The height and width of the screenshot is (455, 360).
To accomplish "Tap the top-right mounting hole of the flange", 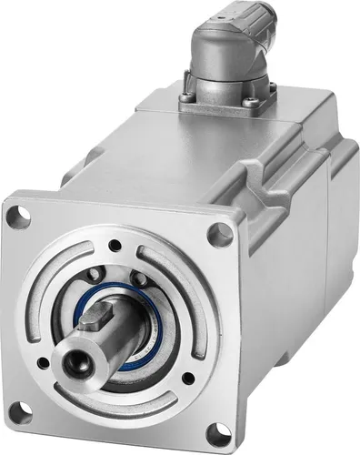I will [219, 235].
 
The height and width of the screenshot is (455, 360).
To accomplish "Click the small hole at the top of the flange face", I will [115, 245].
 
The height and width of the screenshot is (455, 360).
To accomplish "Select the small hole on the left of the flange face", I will [43, 363].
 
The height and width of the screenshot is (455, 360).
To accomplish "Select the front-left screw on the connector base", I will [187, 97].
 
